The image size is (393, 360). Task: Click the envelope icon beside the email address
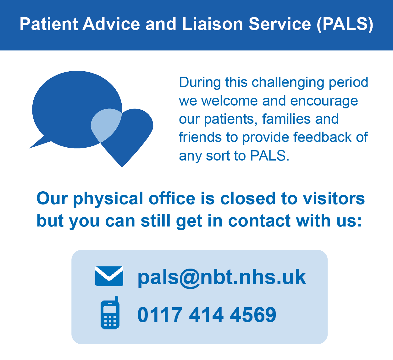pyautogui.click(x=109, y=276)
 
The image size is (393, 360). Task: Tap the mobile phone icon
pyautogui.click(x=110, y=313)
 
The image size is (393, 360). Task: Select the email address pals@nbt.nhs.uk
pyautogui.click(x=222, y=277)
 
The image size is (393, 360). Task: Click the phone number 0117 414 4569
pyautogui.click(x=207, y=314)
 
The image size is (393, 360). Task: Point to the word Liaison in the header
pyautogui.click(x=213, y=24)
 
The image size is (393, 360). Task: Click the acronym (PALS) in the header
pyautogui.click(x=345, y=24)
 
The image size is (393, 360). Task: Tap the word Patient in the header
pyautogui.click(x=49, y=24)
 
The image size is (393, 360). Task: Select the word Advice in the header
pyautogui.click(x=111, y=24)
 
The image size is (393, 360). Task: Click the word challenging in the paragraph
pyautogui.click(x=288, y=82)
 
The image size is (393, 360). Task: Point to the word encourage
pyautogui.click(x=324, y=101)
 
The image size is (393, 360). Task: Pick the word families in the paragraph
pyautogui.click(x=286, y=119)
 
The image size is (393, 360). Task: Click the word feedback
pyautogui.click(x=322, y=137)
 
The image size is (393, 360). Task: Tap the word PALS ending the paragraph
pyautogui.click(x=269, y=155)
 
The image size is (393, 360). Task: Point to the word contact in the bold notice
pyautogui.click(x=259, y=221)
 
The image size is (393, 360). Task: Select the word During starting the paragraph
pyautogui.click(x=200, y=82)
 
